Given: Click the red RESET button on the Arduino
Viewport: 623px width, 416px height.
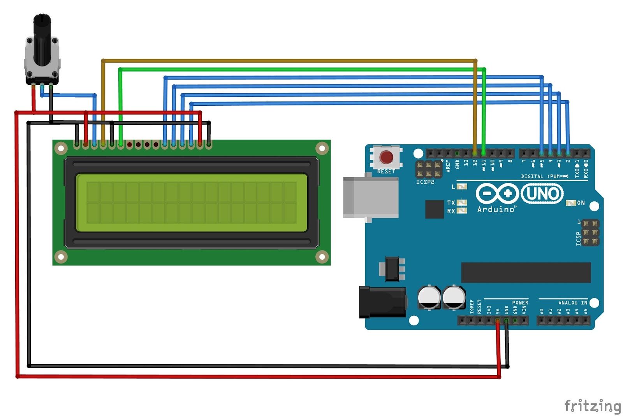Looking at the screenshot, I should click(x=386, y=157).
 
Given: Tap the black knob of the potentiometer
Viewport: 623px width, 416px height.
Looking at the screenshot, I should click(x=42, y=39).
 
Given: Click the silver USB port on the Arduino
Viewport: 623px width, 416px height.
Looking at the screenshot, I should click(x=370, y=197).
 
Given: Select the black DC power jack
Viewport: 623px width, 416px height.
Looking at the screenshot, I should click(x=382, y=302).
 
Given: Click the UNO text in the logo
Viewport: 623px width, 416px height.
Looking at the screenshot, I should click(x=542, y=194).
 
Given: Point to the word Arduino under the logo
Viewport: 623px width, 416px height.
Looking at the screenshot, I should click(x=496, y=210).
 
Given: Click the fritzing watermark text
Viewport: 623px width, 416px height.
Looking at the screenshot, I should click(x=593, y=406).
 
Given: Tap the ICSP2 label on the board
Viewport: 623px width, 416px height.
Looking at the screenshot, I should click(x=425, y=182).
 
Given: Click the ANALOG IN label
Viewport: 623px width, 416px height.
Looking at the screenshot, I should click(x=572, y=302).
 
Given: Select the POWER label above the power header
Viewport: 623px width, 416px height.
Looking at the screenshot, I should click(x=520, y=302).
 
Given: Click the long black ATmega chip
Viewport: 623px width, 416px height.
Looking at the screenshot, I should click(x=526, y=272).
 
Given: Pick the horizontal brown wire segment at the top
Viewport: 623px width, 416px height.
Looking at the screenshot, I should click(x=288, y=61).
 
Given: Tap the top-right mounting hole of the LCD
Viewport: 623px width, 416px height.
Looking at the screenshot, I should click(x=322, y=148).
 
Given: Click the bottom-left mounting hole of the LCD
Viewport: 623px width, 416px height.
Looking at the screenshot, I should click(x=61, y=256).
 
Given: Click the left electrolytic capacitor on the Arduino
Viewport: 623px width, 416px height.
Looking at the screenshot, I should click(x=429, y=297).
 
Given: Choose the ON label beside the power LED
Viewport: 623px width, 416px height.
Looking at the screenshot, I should click(x=581, y=203).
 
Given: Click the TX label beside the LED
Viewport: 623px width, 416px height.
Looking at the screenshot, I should click(x=451, y=203).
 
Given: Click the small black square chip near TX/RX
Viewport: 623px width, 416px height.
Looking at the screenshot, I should click(x=434, y=209).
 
